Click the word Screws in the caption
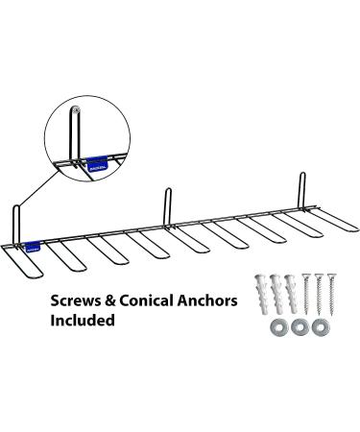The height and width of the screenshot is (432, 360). click(76, 300)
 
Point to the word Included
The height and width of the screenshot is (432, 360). click(84, 322)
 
